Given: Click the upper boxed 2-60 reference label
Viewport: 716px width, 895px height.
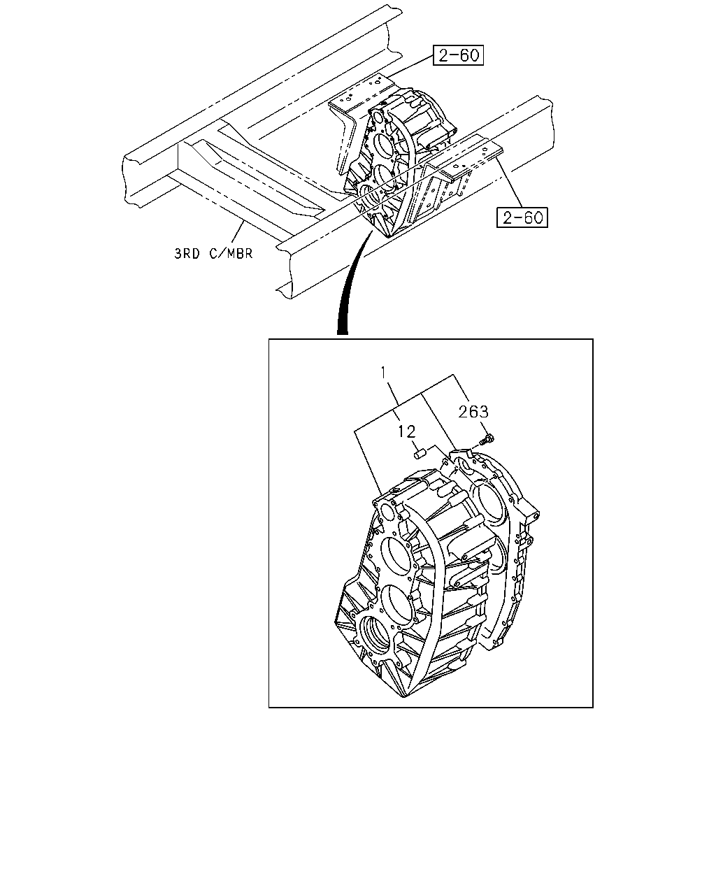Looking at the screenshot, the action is pos(458,55).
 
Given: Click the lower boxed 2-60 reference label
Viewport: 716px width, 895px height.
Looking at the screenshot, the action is pos(522,217).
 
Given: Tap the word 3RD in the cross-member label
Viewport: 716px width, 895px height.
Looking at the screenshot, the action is pos(187,253).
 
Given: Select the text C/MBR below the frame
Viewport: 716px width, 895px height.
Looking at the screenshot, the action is pos(231,253).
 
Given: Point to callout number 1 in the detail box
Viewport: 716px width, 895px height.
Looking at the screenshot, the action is pos(383,373).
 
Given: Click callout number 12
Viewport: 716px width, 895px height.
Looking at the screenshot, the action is pos(406,431).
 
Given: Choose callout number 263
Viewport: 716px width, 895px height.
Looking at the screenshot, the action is pos(473,412).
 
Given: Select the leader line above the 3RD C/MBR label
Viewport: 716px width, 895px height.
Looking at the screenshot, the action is pos(237,234).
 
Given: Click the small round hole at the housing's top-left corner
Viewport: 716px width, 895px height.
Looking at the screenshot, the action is pos(388,513).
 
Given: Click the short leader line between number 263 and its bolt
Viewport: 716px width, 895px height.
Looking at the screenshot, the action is pos(484,427).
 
